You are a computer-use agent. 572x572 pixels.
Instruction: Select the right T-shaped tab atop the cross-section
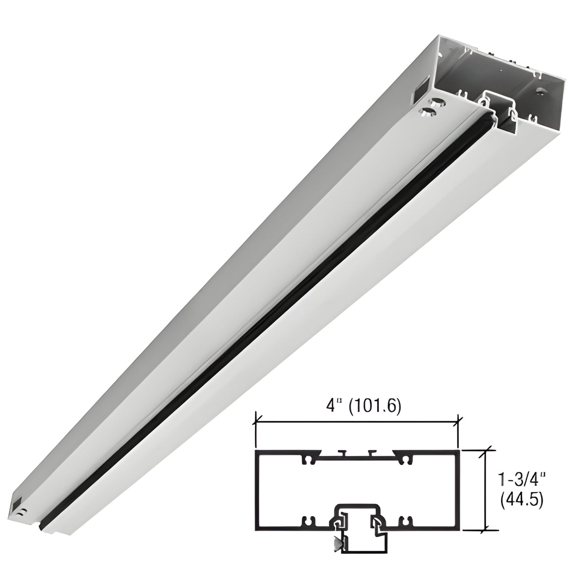pyautogui.click(x=370, y=452)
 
